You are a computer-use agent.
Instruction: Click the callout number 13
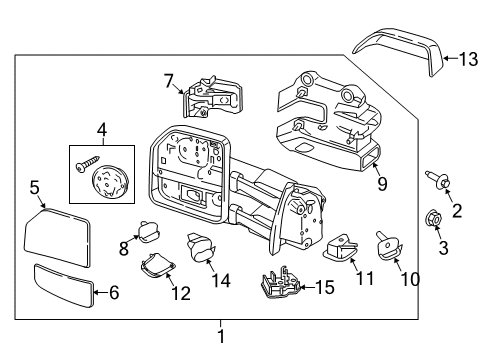tap(468, 60)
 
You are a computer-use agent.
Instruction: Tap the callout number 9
tap(381, 184)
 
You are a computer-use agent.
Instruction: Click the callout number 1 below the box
tap(222, 337)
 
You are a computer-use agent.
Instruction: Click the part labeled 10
tap(386, 243)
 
